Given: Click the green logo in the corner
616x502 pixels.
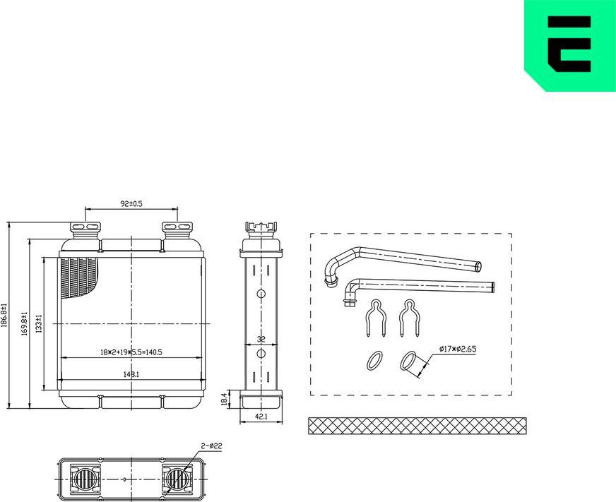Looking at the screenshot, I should pyautogui.click(x=569, y=46).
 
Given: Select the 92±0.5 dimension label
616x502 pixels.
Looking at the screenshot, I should pyautogui.click(x=131, y=203).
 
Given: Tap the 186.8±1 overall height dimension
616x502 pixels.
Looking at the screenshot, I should pyautogui.click(x=5, y=315).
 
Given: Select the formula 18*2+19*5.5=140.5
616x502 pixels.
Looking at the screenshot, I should pyautogui.click(x=131, y=351).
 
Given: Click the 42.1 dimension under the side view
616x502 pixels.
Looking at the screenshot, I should pyautogui.click(x=261, y=417).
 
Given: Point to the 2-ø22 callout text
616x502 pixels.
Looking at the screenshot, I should pyautogui.click(x=211, y=446).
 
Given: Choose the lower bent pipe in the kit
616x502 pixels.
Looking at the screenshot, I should pyautogui.click(x=417, y=287).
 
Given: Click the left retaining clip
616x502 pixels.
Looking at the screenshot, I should pyautogui.click(x=377, y=318).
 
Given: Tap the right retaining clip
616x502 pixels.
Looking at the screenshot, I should pyautogui.click(x=408, y=318).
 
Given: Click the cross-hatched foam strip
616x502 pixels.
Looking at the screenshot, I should pyautogui.click(x=417, y=426).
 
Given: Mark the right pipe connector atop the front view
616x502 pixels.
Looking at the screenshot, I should pyautogui.click(x=177, y=229).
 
